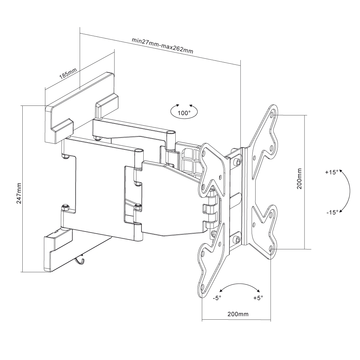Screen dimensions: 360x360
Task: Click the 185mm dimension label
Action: pyautogui.click(x=68, y=73)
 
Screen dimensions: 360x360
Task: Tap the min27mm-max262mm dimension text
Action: pyautogui.click(x=163, y=45)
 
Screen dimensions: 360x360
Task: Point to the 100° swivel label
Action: pyautogui.click(x=184, y=113)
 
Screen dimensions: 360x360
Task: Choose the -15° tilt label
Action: pyautogui.click(x=332, y=212)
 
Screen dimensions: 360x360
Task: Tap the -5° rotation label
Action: pyautogui.click(x=217, y=298)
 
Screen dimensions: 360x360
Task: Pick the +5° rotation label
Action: pyautogui.click(x=258, y=298)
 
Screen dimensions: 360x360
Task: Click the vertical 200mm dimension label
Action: pyautogui.click(x=299, y=179)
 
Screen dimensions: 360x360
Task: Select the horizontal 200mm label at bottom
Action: pyautogui.click(x=238, y=314)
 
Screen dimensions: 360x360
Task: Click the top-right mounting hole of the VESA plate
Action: pyautogui.click(x=272, y=114)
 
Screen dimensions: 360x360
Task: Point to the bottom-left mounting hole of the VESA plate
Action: pyautogui.click(x=202, y=287)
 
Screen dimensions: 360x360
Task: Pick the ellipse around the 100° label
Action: pyautogui.click(x=184, y=112)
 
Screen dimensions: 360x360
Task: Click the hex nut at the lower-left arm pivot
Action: pyautogui.click(x=66, y=207)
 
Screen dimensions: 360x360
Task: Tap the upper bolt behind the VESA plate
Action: pyautogui.click(x=238, y=161)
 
